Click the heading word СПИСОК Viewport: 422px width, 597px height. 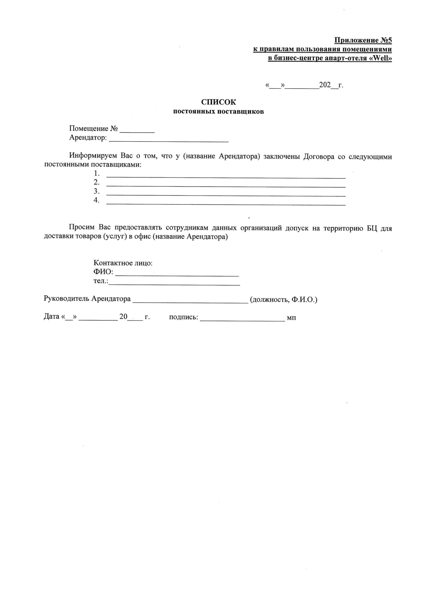218,102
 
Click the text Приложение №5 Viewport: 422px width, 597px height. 363,40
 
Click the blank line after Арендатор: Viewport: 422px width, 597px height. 169,141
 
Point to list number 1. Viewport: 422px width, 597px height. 97,173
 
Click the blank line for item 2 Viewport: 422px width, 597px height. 226,186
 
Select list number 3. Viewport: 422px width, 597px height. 97,191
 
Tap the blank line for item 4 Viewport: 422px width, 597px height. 226,204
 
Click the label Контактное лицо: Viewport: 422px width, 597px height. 123,263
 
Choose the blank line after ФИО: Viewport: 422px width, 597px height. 177,275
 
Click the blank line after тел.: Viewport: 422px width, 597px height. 174,284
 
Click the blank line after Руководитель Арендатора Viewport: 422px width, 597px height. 190,302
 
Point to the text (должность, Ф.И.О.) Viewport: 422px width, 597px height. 283,299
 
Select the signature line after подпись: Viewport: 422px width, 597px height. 242,320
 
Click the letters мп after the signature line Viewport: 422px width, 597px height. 291,318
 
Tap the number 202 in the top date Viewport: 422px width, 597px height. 325,85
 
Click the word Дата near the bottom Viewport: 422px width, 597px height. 52,317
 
